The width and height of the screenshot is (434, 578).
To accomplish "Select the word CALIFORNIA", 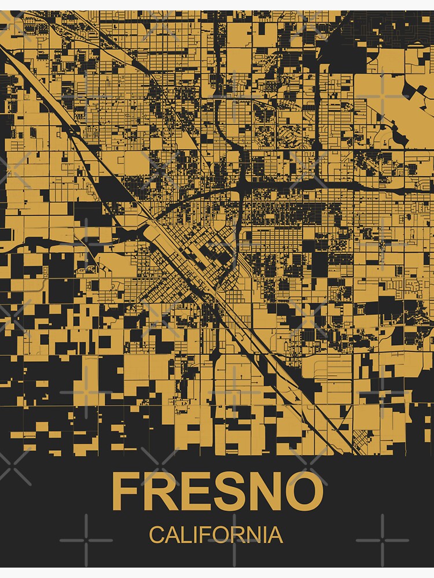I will (x=216, y=535).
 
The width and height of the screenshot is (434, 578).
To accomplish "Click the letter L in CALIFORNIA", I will (x=182, y=535).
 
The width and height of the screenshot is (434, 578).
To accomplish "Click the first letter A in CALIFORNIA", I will (x=169, y=535).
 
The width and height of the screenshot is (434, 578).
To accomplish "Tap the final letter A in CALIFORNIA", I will (x=276, y=535).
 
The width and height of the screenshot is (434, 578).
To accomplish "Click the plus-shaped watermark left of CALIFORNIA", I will (x=86, y=540).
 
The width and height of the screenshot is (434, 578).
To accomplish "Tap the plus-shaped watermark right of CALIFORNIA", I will (x=382, y=540).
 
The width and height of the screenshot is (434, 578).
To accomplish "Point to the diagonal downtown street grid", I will (x=174, y=272).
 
